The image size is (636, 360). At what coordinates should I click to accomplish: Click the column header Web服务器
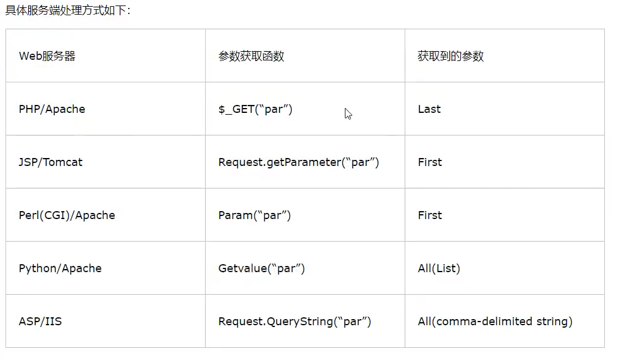[x=47, y=56]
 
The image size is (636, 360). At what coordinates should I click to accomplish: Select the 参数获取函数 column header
[x=251, y=56]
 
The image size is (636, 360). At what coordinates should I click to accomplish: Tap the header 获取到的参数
[x=450, y=56]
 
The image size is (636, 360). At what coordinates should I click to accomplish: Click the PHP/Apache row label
[x=52, y=109]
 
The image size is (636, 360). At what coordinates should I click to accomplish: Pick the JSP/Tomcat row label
[x=51, y=162]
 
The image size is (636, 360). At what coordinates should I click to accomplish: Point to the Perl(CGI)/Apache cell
[x=67, y=215]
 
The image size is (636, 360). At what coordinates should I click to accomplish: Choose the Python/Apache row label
[x=60, y=268]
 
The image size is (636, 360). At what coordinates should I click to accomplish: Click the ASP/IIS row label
[x=40, y=322]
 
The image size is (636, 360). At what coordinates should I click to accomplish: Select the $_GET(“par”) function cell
[x=255, y=109]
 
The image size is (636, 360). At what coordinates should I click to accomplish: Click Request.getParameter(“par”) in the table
[x=298, y=162]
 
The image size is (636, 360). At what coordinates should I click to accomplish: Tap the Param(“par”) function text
[x=255, y=215]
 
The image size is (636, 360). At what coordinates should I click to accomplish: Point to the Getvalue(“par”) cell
[x=261, y=268]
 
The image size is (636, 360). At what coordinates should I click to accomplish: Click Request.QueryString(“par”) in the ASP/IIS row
[x=294, y=322]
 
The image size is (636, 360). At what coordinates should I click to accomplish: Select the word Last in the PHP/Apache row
[x=429, y=109]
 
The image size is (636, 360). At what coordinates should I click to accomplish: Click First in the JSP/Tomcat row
[x=430, y=162]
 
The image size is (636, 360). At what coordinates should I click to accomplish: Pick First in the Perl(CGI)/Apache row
[x=430, y=215]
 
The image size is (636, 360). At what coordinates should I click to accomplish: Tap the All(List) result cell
[x=439, y=268]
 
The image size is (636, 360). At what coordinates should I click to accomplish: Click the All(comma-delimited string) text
[x=495, y=322]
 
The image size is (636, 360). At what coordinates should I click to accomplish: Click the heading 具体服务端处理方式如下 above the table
[x=67, y=11]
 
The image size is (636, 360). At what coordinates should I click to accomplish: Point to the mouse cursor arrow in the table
[x=348, y=113]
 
